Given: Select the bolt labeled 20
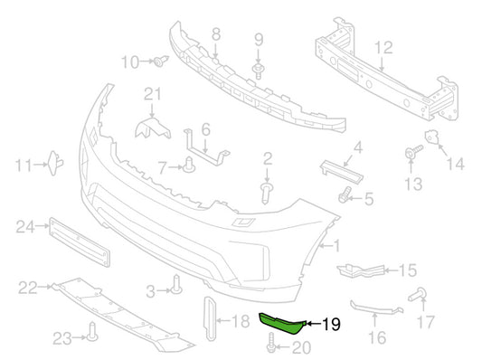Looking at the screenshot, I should pyautogui.click(x=272, y=345).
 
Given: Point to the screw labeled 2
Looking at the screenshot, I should pyautogui.click(x=268, y=191).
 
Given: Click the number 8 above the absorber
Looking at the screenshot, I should pyautogui.click(x=215, y=35).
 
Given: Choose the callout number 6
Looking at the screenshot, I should pyautogui.click(x=205, y=129).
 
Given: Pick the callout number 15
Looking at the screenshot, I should pyautogui.click(x=408, y=270).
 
